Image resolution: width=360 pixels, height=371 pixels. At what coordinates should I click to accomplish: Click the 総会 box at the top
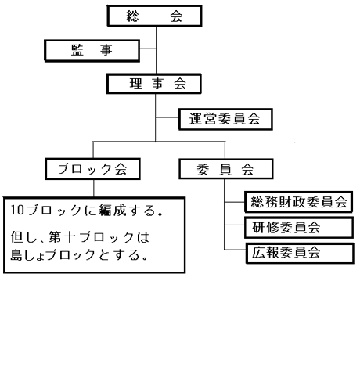[x=155, y=16]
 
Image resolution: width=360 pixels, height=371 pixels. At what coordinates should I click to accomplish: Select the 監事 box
[x=92, y=51]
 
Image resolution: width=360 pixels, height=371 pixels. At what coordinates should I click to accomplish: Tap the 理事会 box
[x=154, y=84]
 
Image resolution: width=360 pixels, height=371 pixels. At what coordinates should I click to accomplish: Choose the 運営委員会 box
[x=225, y=119]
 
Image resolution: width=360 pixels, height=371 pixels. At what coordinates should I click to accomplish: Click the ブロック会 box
[x=93, y=169]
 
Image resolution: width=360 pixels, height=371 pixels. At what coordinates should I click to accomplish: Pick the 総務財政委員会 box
[x=299, y=202]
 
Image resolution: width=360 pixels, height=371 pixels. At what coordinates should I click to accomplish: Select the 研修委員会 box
[x=299, y=227]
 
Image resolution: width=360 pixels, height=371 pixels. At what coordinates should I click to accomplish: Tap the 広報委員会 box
[x=300, y=253]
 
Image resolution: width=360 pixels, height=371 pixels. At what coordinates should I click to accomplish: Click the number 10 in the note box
[x=17, y=210]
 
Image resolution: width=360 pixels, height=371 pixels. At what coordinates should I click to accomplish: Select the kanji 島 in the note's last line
[x=16, y=254]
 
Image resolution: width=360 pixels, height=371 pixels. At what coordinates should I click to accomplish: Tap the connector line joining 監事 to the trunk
[x=148, y=49]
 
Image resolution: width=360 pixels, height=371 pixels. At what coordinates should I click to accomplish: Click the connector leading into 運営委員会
[x=167, y=117]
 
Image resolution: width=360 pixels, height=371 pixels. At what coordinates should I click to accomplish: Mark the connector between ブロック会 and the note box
[x=94, y=189]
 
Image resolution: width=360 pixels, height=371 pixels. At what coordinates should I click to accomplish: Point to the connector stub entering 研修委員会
[x=234, y=225]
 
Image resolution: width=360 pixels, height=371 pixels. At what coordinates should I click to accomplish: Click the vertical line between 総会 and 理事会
[x=156, y=50]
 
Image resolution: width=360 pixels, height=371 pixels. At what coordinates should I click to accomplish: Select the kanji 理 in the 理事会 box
[x=136, y=84]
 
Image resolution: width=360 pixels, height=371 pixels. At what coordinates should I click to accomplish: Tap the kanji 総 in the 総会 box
[x=133, y=16]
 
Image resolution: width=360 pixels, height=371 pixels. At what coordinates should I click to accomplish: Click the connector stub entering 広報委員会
[x=235, y=250]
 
